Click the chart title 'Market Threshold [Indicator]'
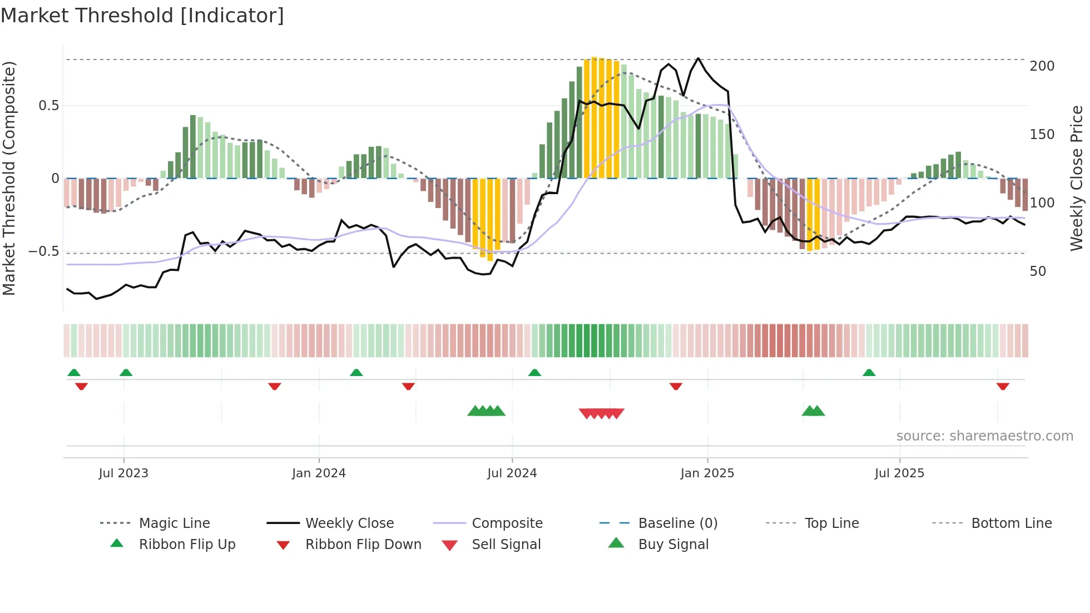[x=142, y=16]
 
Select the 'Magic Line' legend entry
[x=174, y=523]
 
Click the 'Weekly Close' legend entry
[x=349, y=523]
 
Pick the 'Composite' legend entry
[x=507, y=523]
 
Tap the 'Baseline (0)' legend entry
[x=677, y=523]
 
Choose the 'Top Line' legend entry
[x=831, y=523]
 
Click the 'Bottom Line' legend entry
[x=1011, y=523]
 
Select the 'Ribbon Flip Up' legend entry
[x=187, y=544]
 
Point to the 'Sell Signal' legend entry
[x=506, y=544]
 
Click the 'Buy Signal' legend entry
[x=673, y=544]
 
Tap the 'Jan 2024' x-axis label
[x=319, y=473]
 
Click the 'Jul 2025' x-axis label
[x=899, y=473]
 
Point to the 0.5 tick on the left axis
[x=49, y=106]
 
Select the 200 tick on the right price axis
[x=1042, y=66]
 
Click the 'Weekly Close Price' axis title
[x=1077, y=178]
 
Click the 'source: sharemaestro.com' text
[x=984, y=436]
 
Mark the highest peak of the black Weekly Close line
[x=698, y=58]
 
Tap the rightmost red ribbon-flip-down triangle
[x=1003, y=386]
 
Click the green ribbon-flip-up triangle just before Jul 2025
[x=869, y=373]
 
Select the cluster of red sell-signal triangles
[x=601, y=413]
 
